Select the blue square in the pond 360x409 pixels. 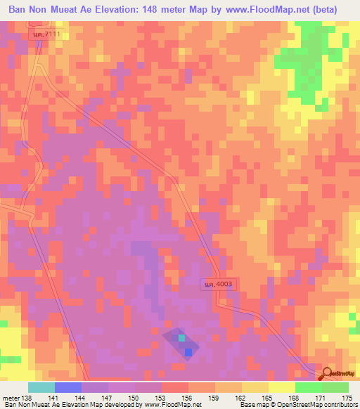188,352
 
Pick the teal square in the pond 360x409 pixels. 182,339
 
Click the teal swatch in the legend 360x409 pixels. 41,387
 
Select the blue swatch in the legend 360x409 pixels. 68,387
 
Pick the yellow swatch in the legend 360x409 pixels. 282,387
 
